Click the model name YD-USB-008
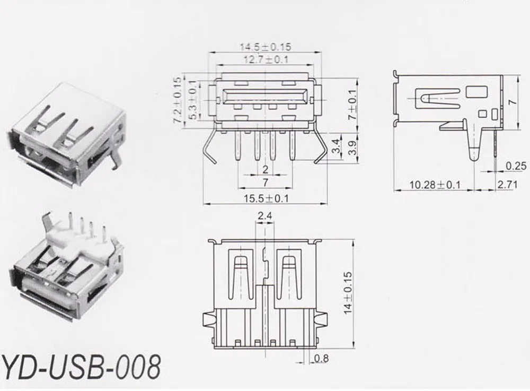click(x=81, y=367)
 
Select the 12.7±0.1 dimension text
click(x=266, y=59)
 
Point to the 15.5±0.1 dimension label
click(x=267, y=198)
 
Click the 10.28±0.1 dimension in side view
click(x=435, y=185)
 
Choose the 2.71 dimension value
click(x=507, y=185)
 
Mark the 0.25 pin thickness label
click(x=516, y=166)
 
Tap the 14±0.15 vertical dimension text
click(x=348, y=292)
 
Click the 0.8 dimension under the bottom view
click(x=321, y=358)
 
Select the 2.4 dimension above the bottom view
click(x=264, y=216)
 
